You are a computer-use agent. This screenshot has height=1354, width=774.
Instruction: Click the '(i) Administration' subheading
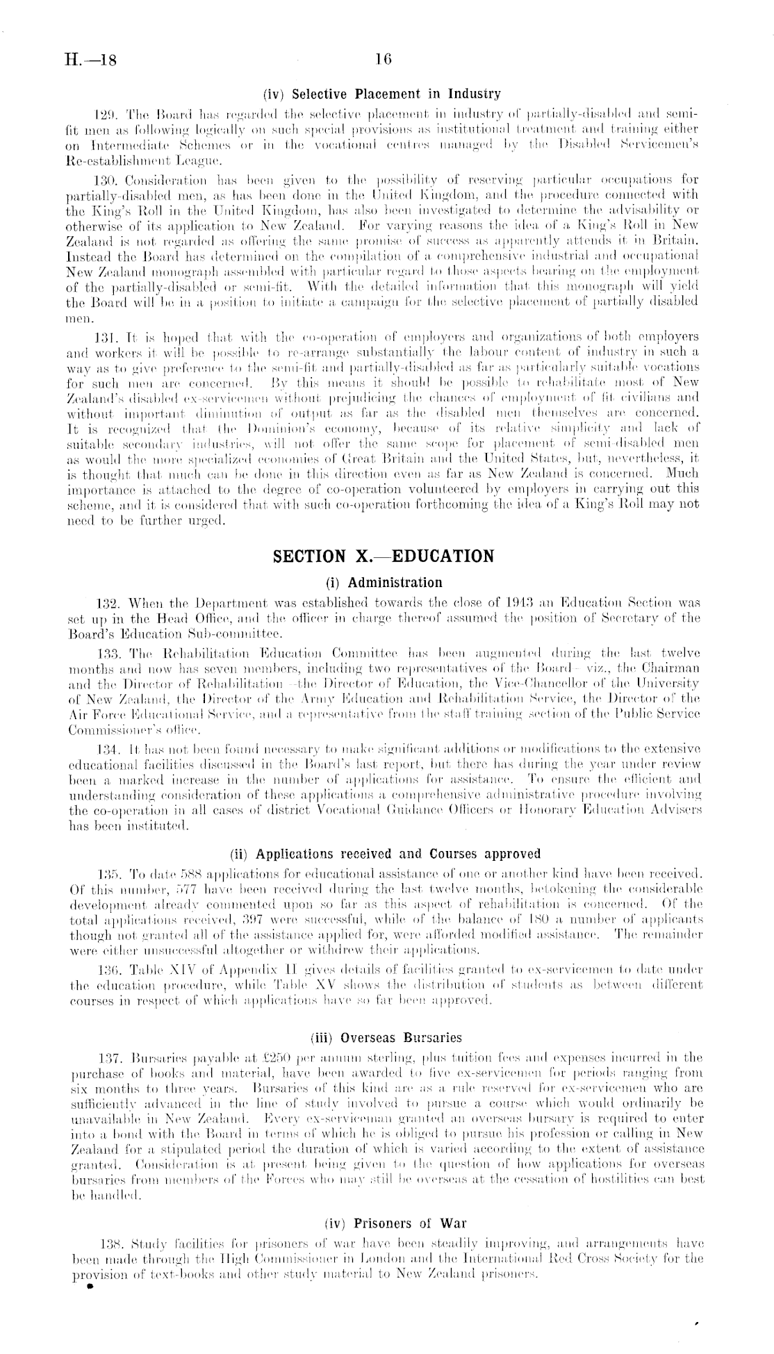tap(384, 582)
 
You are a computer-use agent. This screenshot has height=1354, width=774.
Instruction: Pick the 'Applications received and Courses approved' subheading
tap(385, 853)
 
